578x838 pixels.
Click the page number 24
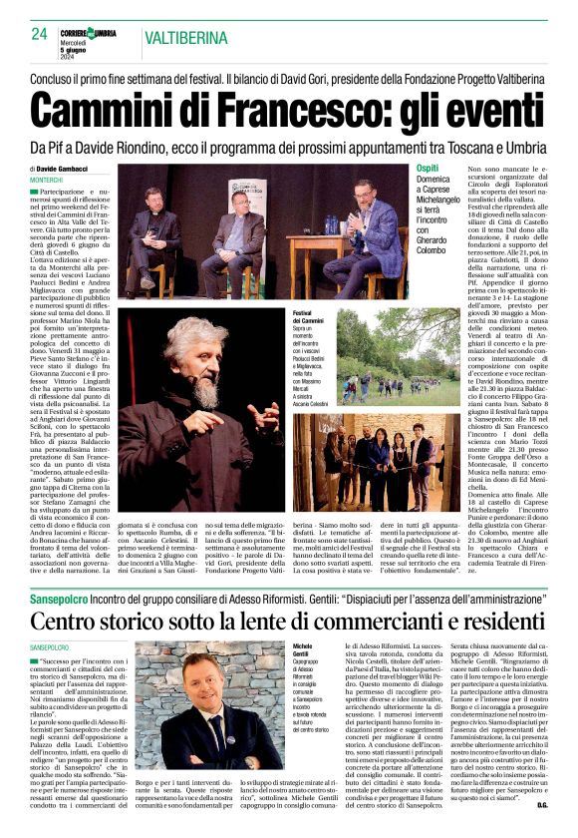pos(39,33)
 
